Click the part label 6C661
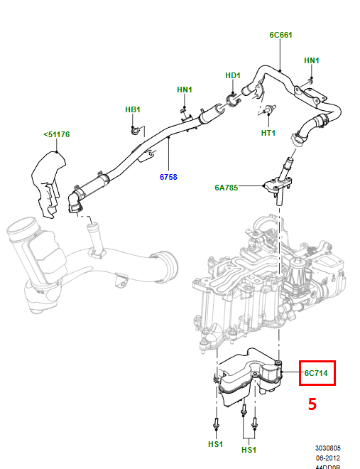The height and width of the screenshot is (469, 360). click(280, 34)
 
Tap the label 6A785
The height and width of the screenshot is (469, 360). click(227, 188)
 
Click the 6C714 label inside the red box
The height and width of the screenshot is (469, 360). click(316, 373)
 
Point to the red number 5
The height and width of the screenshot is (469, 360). click(311, 404)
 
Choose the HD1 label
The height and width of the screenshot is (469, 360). click(233, 75)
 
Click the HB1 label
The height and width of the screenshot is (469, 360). click(133, 109)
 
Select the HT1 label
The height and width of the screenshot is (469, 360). click(268, 133)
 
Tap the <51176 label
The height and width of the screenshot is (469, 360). click(56, 134)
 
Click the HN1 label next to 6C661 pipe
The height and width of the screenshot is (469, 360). click(312, 60)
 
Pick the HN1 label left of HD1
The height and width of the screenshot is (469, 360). click(185, 90)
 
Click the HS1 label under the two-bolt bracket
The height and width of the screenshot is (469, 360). click(249, 450)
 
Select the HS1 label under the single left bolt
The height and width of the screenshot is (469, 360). click(215, 444)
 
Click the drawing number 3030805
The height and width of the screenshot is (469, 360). click(328, 448)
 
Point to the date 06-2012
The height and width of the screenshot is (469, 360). click(328, 458)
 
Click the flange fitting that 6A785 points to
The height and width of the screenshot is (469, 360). click(278, 186)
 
